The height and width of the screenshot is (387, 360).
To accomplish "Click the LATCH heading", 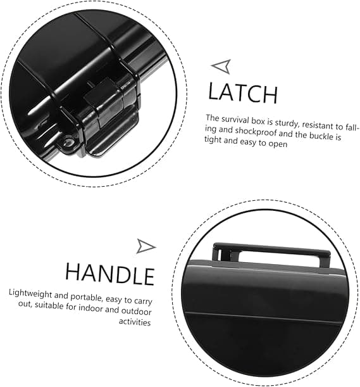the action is tap(243, 93).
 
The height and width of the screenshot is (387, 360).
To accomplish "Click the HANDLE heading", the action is tap(109, 274).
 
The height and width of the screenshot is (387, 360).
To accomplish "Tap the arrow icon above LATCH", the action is tap(222, 66).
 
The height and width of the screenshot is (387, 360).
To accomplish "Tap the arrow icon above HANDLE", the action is tap(146, 246).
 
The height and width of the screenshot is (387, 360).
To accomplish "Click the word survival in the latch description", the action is tap(235, 120).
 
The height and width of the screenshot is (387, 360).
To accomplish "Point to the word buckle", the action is tap(321, 136).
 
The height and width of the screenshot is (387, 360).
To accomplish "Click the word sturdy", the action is tap(287, 123).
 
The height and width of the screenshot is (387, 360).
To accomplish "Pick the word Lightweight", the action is tap(30, 293).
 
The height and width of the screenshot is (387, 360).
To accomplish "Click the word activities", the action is tap(135, 322).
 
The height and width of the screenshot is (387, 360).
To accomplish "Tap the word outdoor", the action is tap(136, 311).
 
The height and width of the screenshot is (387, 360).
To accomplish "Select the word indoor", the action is tap(90, 308).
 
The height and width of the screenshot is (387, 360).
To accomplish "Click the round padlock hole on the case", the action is tap(68, 143).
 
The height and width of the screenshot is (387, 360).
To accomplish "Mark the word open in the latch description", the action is tap(278, 144).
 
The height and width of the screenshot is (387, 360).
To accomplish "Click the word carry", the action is tap(143, 301).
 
